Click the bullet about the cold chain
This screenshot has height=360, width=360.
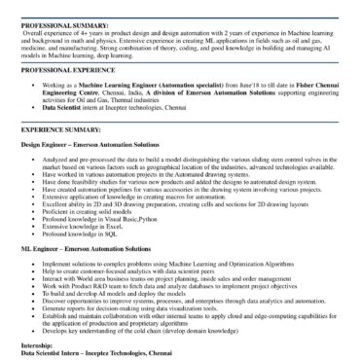coord(165,330)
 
